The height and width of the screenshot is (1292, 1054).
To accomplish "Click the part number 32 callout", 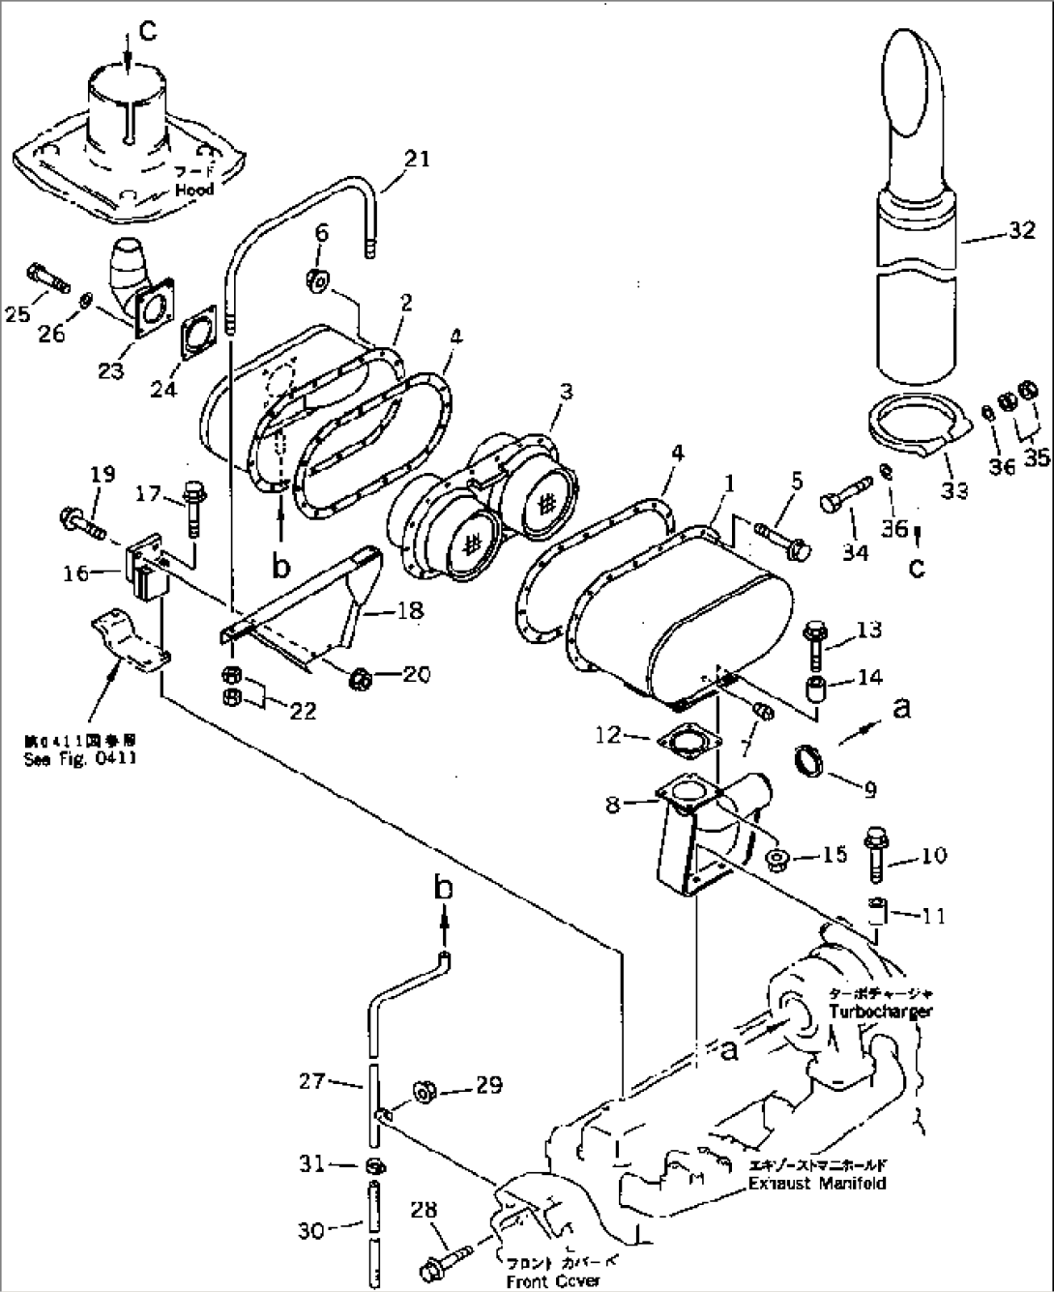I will (1021, 230).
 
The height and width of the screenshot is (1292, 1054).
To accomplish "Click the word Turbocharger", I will (881, 1012).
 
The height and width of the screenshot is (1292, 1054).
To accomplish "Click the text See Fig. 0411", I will (79, 759).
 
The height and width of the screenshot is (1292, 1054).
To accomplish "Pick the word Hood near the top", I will (194, 191).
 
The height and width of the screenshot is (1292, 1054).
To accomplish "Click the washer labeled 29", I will (423, 1091).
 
